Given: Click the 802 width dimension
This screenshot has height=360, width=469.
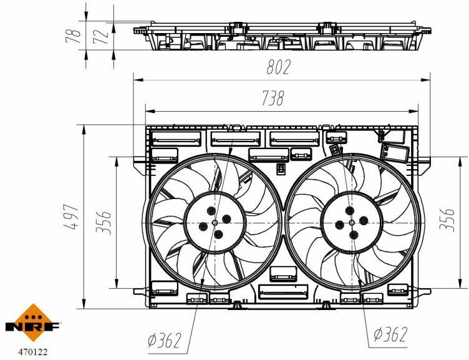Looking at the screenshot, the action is tap(278, 67).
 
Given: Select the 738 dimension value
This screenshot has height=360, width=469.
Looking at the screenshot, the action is tap(273, 98).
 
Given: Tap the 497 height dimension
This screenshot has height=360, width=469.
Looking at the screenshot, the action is tap(72, 216).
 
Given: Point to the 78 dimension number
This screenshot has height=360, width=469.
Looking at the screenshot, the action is tap(74, 36).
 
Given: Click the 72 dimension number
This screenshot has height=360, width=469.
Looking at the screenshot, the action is tap(100, 37).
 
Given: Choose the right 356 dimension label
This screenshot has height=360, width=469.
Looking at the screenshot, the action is tap(447, 220).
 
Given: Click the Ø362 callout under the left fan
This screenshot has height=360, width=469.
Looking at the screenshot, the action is tap(165, 340).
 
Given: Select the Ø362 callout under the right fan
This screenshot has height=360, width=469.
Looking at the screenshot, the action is tap(390, 334).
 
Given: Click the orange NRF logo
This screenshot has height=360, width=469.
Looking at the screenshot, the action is tap(33, 323).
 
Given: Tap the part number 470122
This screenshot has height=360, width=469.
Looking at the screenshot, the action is tap(33, 352).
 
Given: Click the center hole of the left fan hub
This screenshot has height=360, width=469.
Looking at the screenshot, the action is tap(215, 223).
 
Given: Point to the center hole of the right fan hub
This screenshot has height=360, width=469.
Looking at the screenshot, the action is tap(352, 222).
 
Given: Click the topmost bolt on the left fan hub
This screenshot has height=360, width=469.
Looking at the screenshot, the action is tap(211, 211).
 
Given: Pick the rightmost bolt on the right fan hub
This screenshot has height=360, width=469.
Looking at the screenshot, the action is tap(364, 221).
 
